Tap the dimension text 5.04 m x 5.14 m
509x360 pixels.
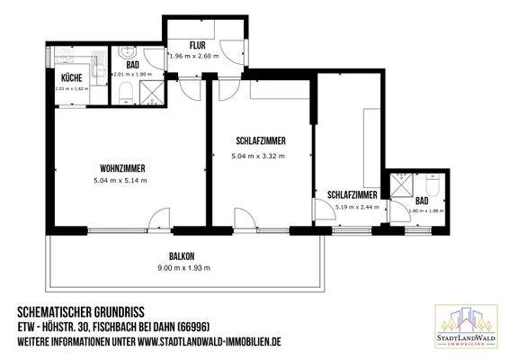click(x=120, y=181)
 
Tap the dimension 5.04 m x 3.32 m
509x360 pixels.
click(x=258, y=155)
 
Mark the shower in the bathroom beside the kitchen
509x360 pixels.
click(x=151, y=90)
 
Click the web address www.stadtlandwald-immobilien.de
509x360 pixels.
click(x=210, y=342)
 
